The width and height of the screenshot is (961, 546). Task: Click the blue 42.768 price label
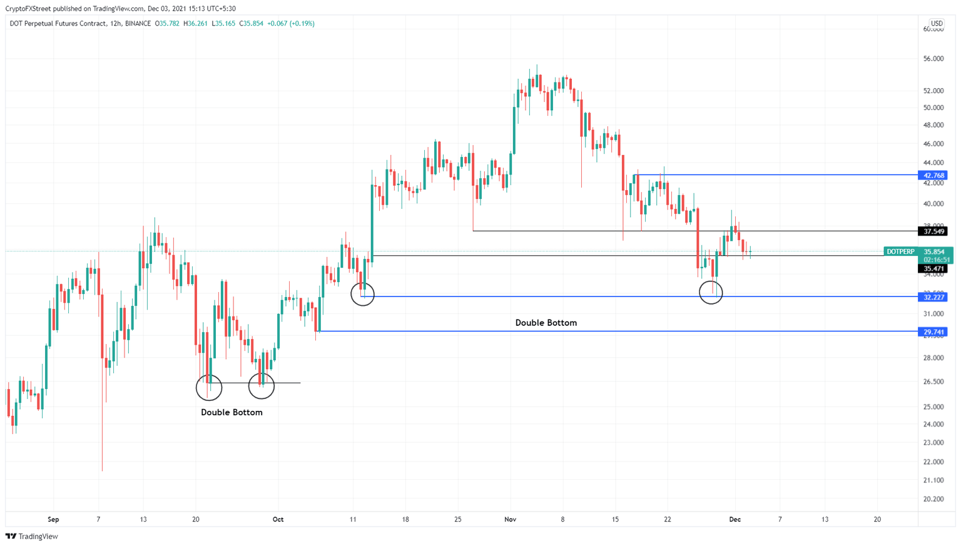pyautogui.click(x=932, y=175)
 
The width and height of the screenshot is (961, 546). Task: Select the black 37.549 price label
pyautogui.click(x=932, y=231)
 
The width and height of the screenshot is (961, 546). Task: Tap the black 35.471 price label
pyautogui.click(x=932, y=269)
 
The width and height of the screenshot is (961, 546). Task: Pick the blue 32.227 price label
pyautogui.click(x=932, y=297)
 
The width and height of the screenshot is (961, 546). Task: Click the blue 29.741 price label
pyautogui.click(x=932, y=332)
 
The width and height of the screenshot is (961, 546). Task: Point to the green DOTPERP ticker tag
pyautogui.click(x=900, y=251)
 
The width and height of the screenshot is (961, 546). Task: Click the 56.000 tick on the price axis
pyautogui.click(x=933, y=59)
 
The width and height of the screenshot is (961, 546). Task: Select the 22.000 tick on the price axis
pyautogui.click(x=933, y=462)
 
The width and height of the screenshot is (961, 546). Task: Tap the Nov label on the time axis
pyautogui.click(x=510, y=520)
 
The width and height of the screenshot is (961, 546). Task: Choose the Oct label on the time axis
pyautogui.click(x=278, y=520)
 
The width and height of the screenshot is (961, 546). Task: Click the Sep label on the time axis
pyautogui.click(x=53, y=520)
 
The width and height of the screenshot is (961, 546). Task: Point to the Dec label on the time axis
pyautogui.click(x=735, y=520)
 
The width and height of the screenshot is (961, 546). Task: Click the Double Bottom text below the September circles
pyautogui.click(x=231, y=413)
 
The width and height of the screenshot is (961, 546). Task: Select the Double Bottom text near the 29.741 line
pyautogui.click(x=546, y=323)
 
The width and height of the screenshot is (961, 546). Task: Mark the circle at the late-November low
pyautogui.click(x=711, y=292)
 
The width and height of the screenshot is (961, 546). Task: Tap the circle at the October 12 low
pyautogui.click(x=363, y=294)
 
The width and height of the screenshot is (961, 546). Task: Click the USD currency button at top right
pyautogui.click(x=937, y=24)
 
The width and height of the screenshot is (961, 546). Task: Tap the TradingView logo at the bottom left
pyautogui.click(x=32, y=536)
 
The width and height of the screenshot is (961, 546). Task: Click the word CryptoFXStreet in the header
pyautogui.click(x=28, y=9)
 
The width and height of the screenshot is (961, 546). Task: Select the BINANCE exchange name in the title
pyautogui.click(x=138, y=24)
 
